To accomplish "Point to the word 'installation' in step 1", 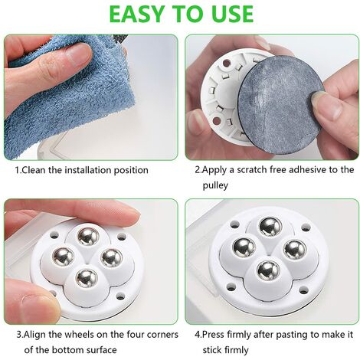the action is [x=87, y=170].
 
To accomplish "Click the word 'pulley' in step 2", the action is [x=215, y=185].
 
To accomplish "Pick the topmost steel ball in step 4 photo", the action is [x=270, y=227].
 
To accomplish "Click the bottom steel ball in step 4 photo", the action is [x=269, y=270].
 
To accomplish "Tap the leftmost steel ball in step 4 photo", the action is [x=244, y=247].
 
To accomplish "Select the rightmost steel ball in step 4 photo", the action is [x=295, y=250].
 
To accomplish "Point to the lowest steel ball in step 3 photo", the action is [x=87, y=278].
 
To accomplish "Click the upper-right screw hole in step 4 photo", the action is [x=306, y=227].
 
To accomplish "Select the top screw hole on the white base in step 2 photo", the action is [x=226, y=63].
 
